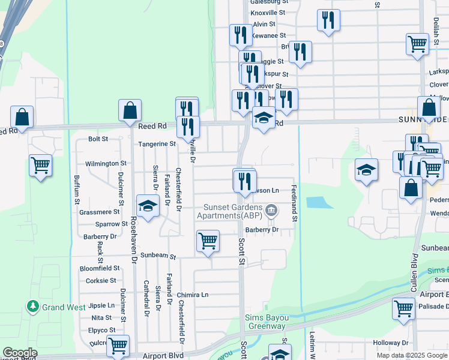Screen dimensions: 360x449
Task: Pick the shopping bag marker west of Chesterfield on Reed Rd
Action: (130, 111)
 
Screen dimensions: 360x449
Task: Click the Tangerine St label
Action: (157, 144)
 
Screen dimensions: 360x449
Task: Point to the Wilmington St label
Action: (106, 163)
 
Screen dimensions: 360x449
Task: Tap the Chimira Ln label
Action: (193, 295)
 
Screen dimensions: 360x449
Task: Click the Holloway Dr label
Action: (390, 343)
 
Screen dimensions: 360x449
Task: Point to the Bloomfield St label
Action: (100, 268)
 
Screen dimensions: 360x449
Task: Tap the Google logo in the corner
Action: (20, 353)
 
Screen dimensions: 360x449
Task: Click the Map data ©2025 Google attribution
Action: (411, 355)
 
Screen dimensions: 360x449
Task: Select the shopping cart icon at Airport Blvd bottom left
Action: (118, 346)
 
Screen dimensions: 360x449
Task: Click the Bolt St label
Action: (98, 139)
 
